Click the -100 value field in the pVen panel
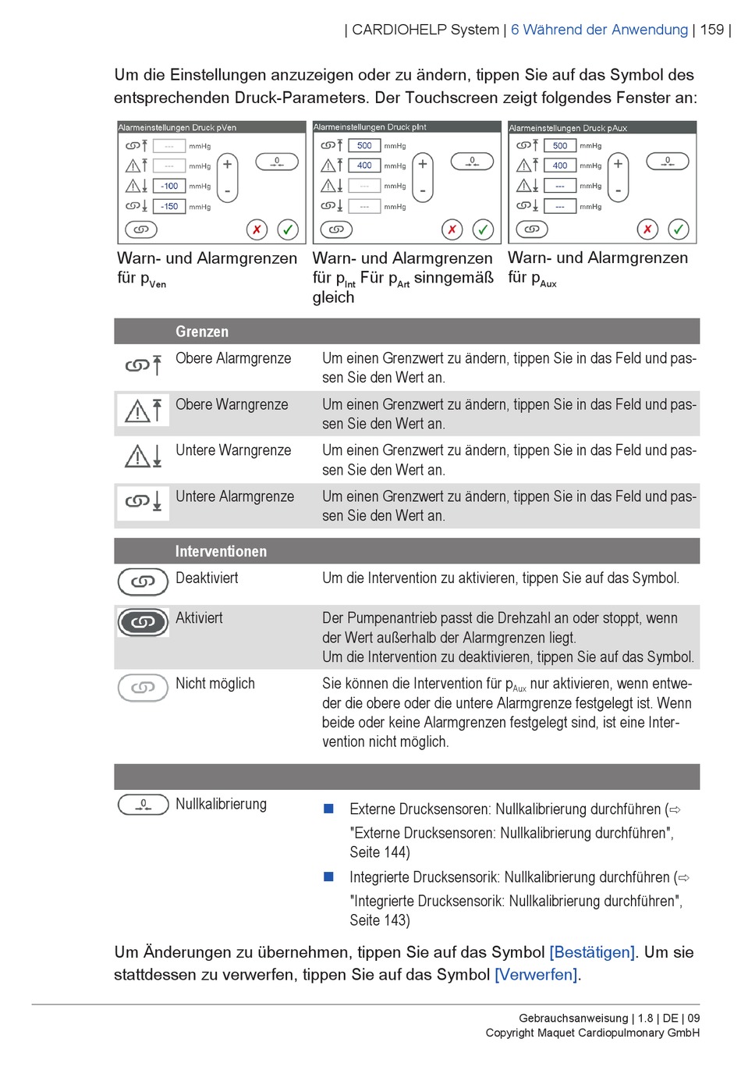169,187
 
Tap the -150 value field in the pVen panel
169,207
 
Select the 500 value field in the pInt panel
364,145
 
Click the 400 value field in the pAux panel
560,165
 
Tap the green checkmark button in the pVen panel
288,229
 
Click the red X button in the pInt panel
452,229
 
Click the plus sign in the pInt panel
423,164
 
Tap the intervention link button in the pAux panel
532,229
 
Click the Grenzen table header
202,332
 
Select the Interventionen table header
221,551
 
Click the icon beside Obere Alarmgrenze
144,365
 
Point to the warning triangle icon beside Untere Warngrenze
138,457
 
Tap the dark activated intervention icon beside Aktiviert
143,622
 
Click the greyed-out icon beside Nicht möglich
143,688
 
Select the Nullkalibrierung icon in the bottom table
143,805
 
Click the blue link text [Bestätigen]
592,952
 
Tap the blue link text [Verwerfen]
536,975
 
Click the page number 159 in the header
711,30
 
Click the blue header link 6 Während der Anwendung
599,30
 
